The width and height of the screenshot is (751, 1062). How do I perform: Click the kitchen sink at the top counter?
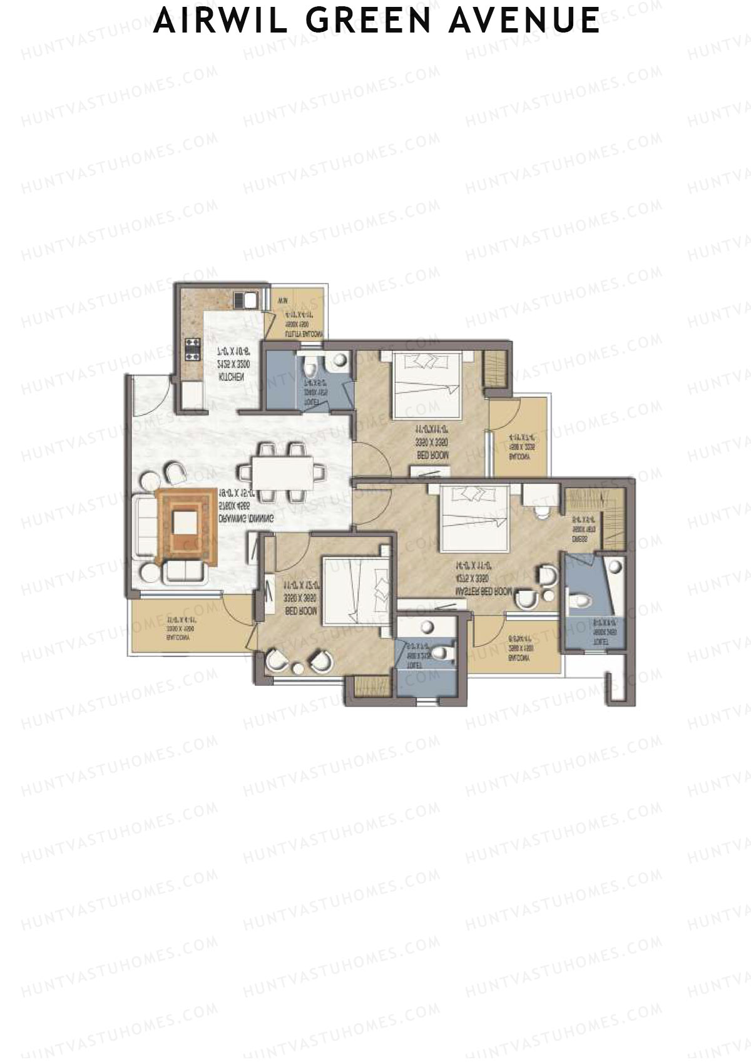click(245, 300)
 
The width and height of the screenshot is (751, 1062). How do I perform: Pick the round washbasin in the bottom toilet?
click(428, 627)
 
